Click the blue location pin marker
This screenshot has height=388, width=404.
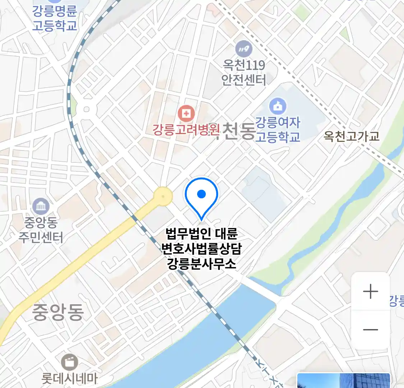tap(201, 196)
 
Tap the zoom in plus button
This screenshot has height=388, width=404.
tap(370, 291)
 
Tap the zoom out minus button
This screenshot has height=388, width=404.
tap(370, 329)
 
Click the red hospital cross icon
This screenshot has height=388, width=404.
tap(186, 114)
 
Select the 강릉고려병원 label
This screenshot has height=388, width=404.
tap(186, 130)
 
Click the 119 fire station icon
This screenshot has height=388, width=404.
tap(243, 49)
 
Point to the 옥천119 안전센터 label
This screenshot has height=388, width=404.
tap(244, 72)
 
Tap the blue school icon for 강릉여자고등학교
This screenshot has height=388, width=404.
tap(278, 106)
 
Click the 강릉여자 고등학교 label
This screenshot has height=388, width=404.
tap(278, 130)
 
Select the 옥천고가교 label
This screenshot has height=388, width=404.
tap(351, 136)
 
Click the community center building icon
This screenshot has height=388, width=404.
tap(41, 206)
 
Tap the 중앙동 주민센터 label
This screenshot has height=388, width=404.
tap(41, 230)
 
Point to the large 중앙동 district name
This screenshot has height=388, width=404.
tap(58, 312)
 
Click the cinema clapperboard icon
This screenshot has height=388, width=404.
tap(69, 362)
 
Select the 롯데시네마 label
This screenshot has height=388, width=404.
tap(69, 379)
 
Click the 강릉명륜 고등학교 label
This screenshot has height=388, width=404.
tap(55, 18)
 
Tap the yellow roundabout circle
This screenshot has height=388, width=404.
tap(163, 196)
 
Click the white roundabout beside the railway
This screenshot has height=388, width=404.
tap(86, 109)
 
